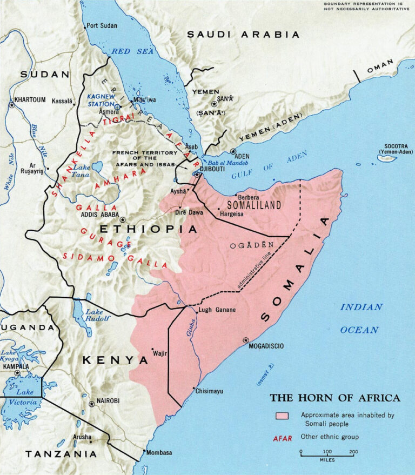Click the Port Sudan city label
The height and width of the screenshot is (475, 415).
pyautogui.click(x=103, y=25)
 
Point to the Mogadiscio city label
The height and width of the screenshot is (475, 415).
pyautogui.click(x=270, y=346)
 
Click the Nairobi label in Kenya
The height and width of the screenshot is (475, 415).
pyautogui.click(x=108, y=400)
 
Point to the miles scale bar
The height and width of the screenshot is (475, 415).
pyautogui.click(x=327, y=456)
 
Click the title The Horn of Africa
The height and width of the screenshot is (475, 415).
pyautogui.click(x=335, y=398)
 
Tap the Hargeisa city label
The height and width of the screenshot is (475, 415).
pyautogui.click(x=231, y=215)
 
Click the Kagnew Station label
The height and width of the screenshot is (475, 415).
pyautogui.click(x=102, y=99)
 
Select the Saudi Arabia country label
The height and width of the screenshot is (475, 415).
pyautogui.click(x=243, y=35)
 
